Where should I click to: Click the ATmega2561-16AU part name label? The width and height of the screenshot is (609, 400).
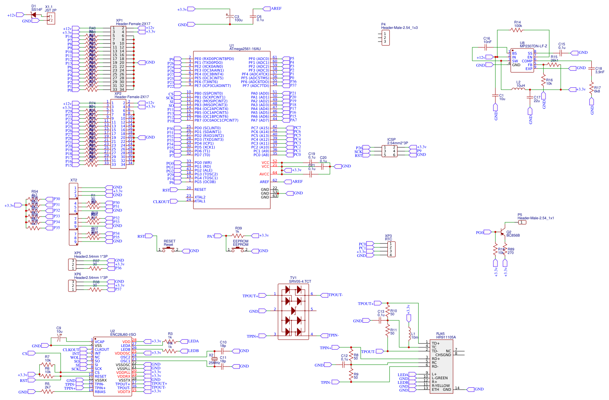click(245, 49)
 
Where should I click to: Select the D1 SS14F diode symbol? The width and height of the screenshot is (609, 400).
click(34, 15)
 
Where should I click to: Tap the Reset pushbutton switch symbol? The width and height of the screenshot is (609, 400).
click(169, 250)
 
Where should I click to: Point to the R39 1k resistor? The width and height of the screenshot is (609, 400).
click(238, 235)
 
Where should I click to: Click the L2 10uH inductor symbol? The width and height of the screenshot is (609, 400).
click(518, 89)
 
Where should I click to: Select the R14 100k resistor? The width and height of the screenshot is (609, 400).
click(517, 30)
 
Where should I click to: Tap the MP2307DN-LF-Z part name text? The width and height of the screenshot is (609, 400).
click(533, 46)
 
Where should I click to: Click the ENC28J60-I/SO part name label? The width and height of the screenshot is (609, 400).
click(123, 335)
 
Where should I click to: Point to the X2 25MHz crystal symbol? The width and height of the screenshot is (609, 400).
click(215, 359)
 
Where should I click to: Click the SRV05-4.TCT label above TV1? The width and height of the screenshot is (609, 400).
click(300, 282)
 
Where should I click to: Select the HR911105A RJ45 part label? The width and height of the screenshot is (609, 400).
click(446, 337)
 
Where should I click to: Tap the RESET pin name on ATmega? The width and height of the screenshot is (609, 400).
click(200, 190)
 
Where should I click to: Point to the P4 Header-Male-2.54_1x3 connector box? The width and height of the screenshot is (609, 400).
click(385, 38)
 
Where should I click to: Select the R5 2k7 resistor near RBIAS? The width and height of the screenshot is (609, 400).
click(47, 392)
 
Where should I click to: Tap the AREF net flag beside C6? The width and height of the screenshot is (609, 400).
click(275, 8)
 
